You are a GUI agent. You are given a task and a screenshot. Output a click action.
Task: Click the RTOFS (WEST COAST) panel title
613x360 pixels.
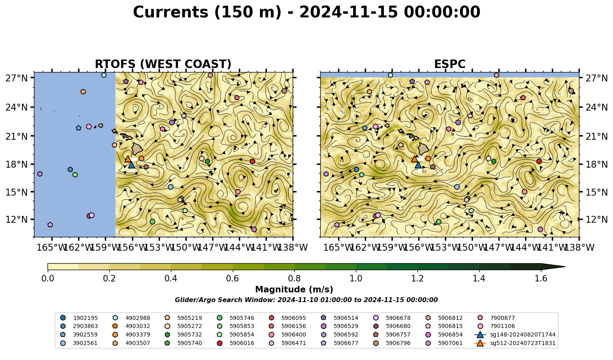tap(163, 64)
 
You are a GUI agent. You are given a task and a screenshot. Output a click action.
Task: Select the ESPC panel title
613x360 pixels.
tap(449, 64)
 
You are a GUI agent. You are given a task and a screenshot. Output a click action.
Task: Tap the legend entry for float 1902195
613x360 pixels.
tap(79, 318)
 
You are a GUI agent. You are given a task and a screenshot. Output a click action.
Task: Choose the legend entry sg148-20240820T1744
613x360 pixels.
tap(515, 334)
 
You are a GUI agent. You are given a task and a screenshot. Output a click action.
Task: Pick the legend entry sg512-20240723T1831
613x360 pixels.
tap(515, 343)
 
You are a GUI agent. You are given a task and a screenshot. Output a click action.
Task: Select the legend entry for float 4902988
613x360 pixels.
tap(131, 318)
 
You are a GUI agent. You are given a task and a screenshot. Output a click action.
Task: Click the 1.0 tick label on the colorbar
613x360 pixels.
tap(356, 279)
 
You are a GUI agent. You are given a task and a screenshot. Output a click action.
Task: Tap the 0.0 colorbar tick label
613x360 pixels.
tap(48, 279)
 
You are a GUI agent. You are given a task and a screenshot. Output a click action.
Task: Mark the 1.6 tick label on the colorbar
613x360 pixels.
tap(541, 279)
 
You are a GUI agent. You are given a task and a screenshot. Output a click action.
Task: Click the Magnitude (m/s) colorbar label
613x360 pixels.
tap(294, 290)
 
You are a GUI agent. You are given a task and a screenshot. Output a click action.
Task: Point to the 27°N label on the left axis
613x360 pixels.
tap(17, 78)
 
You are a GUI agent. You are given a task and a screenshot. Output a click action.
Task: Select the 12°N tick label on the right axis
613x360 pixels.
tap(596, 219)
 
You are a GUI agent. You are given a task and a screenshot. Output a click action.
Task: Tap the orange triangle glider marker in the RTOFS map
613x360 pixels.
tap(128, 159)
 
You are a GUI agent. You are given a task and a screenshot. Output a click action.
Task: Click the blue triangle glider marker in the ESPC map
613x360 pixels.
tap(418, 165)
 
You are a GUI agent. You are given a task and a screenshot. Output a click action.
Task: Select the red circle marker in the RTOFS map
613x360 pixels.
tap(252, 161)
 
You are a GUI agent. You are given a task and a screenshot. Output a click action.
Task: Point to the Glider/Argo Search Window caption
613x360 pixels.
tap(306, 300)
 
